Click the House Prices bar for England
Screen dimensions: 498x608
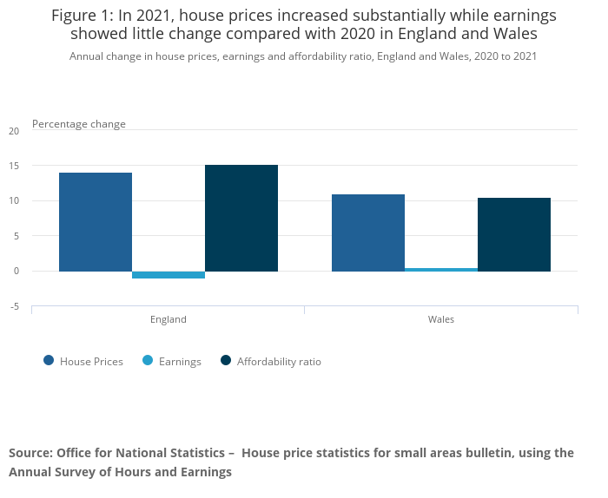click(x=96, y=222)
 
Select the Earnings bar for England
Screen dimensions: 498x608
click(x=169, y=274)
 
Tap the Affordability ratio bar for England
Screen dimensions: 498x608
click(x=241, y=218)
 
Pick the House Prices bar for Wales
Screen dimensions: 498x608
click(x=368, y=233)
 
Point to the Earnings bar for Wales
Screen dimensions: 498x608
click(x=441, y=270)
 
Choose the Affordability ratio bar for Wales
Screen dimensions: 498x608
click(x=514, y=234)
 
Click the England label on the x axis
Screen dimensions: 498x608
click(x=169, y=319)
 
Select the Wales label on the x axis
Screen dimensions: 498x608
click(x=441, y=319)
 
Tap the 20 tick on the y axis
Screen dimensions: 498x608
click(x=13, y=131)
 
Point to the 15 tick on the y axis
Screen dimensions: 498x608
click(x=13, y=166)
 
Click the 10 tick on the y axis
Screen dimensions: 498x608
click(x=13, y=201)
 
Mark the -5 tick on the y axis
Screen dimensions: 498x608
click(x=13, y=306)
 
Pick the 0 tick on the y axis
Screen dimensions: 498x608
click(x=16, y=272)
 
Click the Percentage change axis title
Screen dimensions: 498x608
click(x=79, y=124)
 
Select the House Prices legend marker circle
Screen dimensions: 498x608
click(x=49, y=361)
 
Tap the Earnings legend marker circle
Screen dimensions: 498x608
click(x=148, y=361)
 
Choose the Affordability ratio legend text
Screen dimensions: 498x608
click(x=279, y=362)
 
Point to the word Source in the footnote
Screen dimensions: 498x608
click(x=30, y=453)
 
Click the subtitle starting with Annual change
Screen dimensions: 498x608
click(x=303, y=56)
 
